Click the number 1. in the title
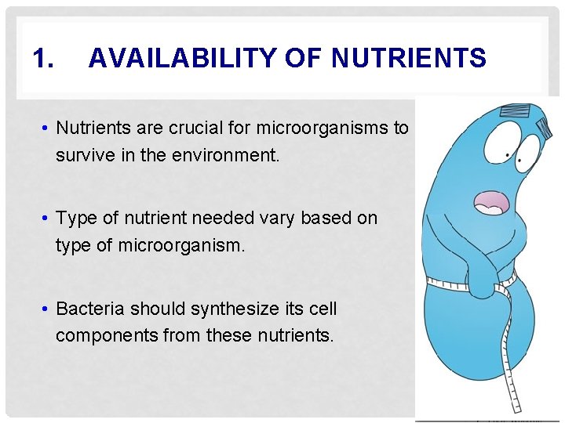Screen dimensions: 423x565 (43, 58)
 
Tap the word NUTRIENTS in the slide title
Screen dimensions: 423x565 (410, 58)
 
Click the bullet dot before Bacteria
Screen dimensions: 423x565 (47, 309)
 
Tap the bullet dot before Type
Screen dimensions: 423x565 (47, 219)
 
